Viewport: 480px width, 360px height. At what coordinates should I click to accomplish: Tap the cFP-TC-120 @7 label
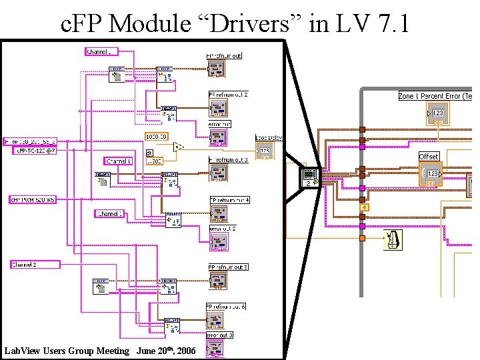pos(36,151)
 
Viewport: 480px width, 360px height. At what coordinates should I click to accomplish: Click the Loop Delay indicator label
pos(269,138)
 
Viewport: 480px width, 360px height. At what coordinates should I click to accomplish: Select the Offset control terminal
pos(430,174)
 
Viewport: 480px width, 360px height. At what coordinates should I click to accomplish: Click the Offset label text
pos(429,157)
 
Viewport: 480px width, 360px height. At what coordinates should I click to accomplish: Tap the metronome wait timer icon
pos(393,239)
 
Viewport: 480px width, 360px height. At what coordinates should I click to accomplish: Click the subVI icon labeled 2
pos(310,177)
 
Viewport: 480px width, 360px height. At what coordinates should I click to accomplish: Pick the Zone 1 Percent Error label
pos(435,96)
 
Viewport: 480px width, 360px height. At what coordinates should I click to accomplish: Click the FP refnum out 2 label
pos(228,95)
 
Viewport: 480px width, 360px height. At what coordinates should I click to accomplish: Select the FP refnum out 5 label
pos(228,267)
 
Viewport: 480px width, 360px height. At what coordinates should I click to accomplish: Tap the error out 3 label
pos(220,335)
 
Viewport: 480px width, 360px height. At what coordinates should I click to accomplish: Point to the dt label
pos(149,152)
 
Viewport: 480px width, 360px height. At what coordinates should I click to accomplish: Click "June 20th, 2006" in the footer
pos(166,351)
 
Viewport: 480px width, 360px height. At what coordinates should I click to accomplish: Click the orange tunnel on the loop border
pos(363,238)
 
